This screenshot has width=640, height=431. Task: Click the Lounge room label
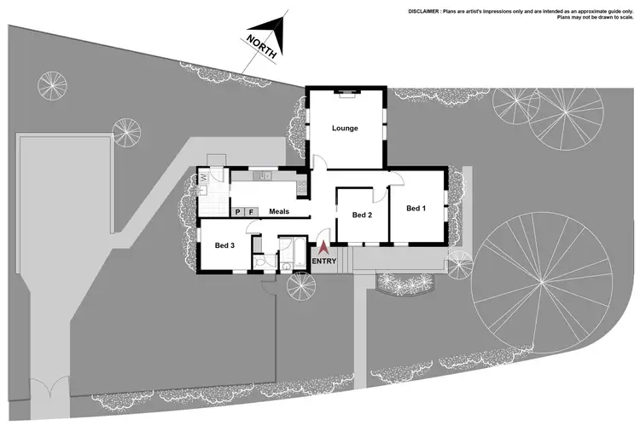(345, 129)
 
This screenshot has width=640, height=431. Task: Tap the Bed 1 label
(416, 209)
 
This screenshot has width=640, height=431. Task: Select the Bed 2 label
(363, 215)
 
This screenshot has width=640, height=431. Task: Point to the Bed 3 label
(224, 246)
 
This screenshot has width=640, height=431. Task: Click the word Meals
(279, 211)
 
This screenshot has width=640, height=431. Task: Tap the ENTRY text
(324, 261)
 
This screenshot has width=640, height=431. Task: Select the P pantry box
(238, 211)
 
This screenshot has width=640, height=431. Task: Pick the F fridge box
(251, 211)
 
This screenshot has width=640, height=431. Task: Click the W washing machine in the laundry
(205, 178)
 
